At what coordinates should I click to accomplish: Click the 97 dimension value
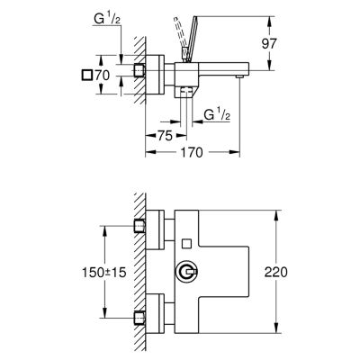[269, 44]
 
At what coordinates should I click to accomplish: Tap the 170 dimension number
[192, 152]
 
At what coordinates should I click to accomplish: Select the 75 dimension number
[165, 136]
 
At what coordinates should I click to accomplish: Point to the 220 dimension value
[276, 272]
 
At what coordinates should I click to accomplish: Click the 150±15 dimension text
[104, 273]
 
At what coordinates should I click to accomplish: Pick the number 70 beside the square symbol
[103, 75]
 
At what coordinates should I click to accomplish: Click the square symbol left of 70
[87, 75]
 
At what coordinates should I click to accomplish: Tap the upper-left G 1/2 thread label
[107, 20]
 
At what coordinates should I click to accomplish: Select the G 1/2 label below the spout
[217, 114]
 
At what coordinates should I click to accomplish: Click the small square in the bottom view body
[187, 243]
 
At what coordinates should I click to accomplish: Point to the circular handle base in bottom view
[183, 272]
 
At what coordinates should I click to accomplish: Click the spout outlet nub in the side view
[239, 77]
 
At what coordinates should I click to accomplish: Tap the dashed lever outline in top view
[179, 33]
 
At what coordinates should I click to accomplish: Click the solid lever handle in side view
[191, 39]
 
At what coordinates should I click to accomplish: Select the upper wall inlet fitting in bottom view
[139, 226]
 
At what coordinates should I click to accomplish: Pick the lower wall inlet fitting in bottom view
[139, 318]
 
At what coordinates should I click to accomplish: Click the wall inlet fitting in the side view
[139, 70]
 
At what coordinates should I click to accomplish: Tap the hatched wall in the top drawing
[139, 70]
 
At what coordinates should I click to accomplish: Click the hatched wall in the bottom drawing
[139, 272]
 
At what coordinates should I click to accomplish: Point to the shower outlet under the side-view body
[187, 91]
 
